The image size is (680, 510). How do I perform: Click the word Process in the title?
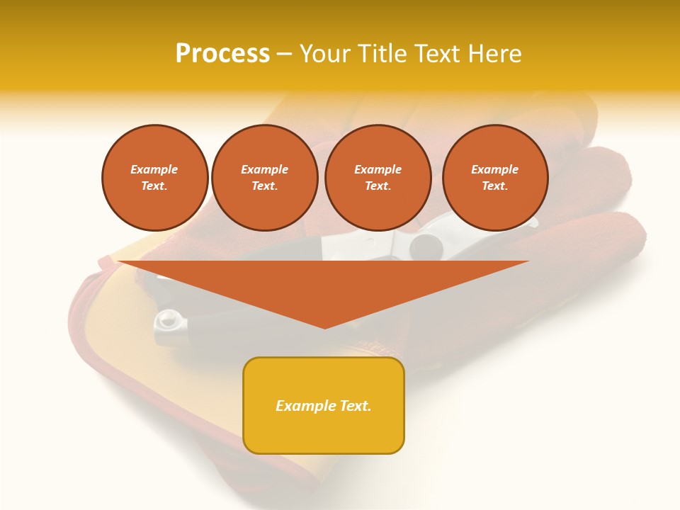(x=222, y=54)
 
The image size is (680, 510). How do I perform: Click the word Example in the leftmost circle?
(x=154, y=169)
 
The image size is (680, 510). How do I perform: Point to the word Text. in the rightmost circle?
(x=495, y=186)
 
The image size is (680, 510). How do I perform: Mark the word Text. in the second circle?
(x=265, y=186)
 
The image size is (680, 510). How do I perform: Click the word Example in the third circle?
(x=378, y=169)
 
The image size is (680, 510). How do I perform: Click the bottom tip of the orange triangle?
(x=324, y=327)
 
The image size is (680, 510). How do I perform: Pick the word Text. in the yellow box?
(x=355, y=406)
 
